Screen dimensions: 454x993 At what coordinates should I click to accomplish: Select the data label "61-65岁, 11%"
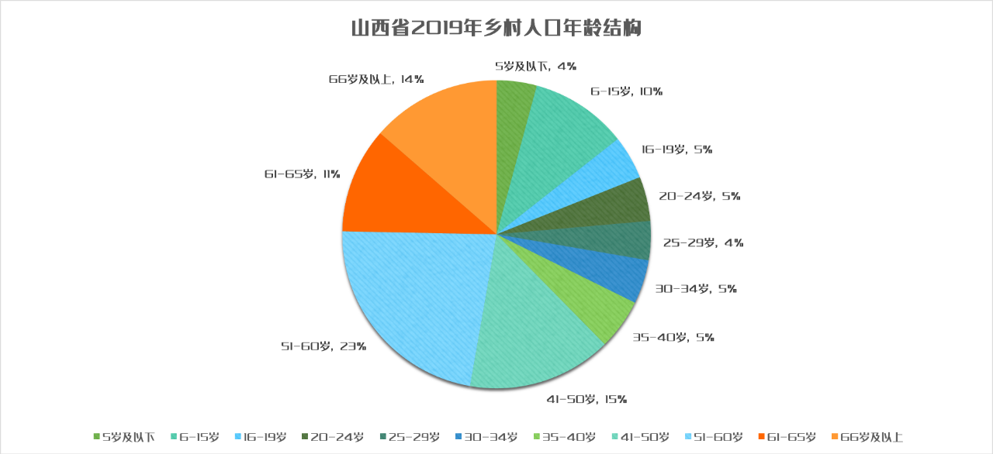[x=302, y=174]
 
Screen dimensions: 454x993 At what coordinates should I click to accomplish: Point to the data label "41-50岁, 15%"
[x=585, y=400]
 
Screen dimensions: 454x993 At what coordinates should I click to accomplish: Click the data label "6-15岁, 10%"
[x=626, y=91]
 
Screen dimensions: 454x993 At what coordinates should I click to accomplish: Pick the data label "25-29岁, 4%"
[x=703, y=242]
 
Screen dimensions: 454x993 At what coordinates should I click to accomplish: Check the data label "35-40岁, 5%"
[x=673, y=337]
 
